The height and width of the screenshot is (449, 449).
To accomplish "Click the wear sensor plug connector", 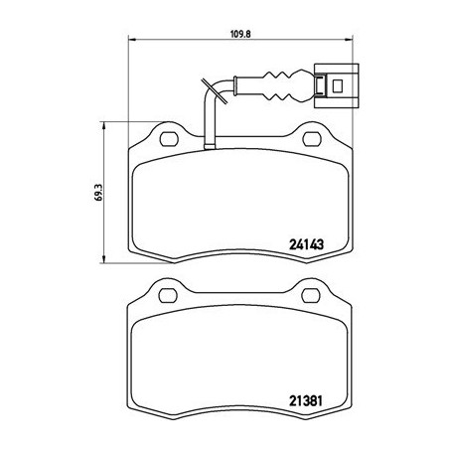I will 328,84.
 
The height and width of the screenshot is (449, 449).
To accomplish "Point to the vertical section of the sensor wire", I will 210,119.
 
